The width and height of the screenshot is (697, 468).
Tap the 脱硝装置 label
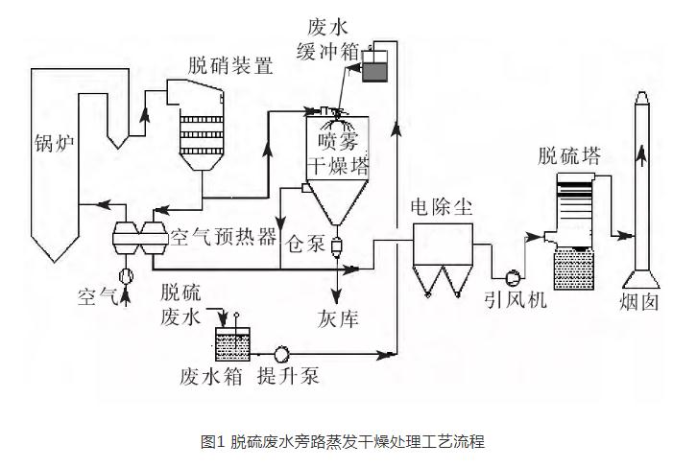(230, 66)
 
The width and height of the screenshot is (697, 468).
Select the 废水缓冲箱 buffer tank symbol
(372, 69)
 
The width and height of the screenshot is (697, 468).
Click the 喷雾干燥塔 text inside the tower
(337, 152)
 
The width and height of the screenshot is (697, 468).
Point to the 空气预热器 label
(223, 236)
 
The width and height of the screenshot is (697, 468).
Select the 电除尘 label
(441, 207)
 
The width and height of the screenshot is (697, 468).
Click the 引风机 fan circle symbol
(514, 277)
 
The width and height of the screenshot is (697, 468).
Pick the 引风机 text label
(515, 300)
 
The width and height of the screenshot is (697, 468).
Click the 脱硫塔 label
(569, 155)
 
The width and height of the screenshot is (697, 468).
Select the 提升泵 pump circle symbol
(282, 352)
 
